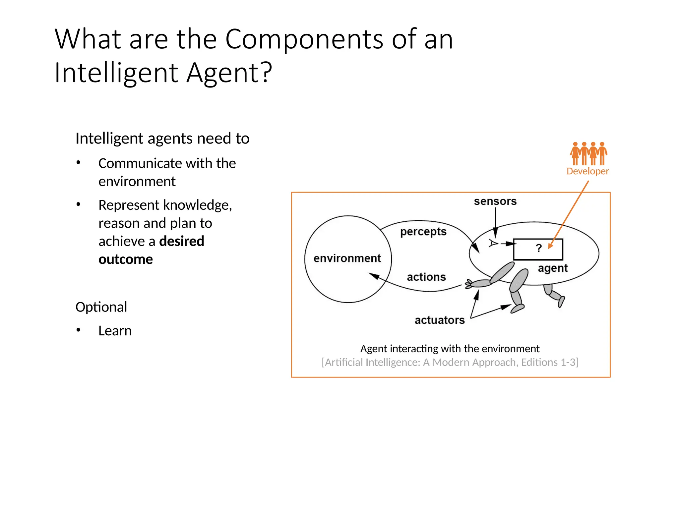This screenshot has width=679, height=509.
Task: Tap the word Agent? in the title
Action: (229, 73)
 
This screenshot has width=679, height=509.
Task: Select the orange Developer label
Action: (587, 171)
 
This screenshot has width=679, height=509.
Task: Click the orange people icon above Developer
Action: (588, 153)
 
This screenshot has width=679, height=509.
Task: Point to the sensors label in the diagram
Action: (495, 201)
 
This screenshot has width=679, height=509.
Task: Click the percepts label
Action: (423, 232)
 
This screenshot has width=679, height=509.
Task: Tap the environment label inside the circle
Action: (347, 258)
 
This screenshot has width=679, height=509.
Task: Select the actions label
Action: (426, 277)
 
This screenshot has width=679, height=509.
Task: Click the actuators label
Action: (440, 320)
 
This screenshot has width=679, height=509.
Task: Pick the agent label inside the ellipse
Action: (553, 268)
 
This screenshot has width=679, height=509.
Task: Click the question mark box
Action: (538, 249)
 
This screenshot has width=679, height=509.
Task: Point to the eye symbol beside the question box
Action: (493, 244)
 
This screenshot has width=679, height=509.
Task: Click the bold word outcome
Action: (126, 259)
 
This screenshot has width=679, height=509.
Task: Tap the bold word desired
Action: (181, 241)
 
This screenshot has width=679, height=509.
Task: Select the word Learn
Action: (115, 331)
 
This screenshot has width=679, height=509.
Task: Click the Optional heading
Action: (101, 307)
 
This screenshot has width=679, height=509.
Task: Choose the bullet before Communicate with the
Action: (78, 163)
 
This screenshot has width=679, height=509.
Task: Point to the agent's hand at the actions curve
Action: (469, 284)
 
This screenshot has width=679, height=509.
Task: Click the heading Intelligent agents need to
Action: (162, 139)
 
